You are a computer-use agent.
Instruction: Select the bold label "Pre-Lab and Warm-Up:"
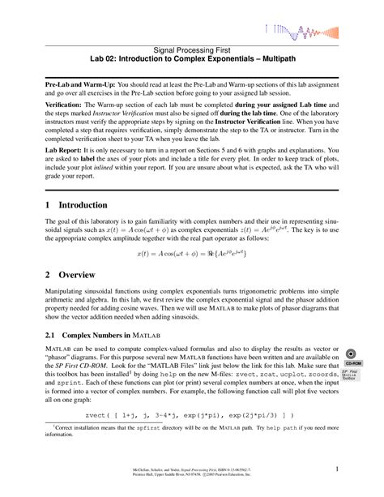[x=79, y=84]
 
